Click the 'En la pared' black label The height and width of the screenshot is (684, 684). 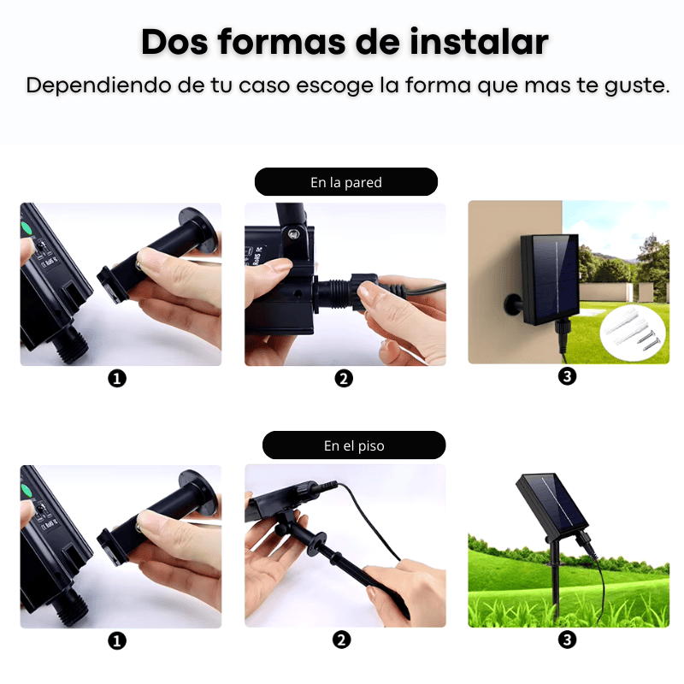[x=345, y=182]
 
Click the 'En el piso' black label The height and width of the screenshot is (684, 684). [x=353, y=445]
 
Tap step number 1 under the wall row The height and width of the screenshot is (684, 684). [x=117, y=378]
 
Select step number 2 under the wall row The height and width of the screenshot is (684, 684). [x=344, y=378]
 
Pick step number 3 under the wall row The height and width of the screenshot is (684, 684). [x=567, y=376]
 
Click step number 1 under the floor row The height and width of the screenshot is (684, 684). [x=117, y=640]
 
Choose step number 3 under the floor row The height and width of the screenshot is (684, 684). [x=567, y=640]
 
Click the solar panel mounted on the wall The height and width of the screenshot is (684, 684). [x=550, y=278]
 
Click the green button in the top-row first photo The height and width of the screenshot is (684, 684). [x=27, y=228]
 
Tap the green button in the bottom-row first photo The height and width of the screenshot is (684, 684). [x=27, y=491]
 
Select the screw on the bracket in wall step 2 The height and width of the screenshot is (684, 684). [x=293, y=231]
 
